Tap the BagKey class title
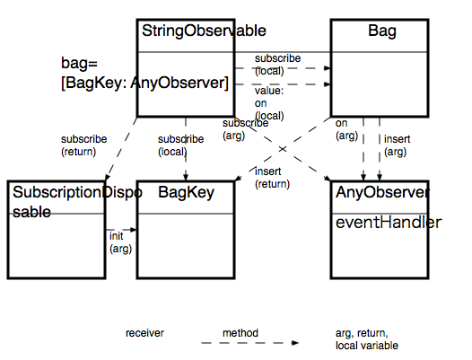[184, 192]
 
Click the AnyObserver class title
[382, 192]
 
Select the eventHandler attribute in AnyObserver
[388, 222]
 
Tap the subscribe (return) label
[83, 145]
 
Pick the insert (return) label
[273, 177]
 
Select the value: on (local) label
[270, 103]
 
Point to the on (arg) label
[346, 129]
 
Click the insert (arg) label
[397, 145]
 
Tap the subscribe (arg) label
[245, 129]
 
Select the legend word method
[240, 333]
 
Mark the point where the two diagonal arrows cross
[282, 147]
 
